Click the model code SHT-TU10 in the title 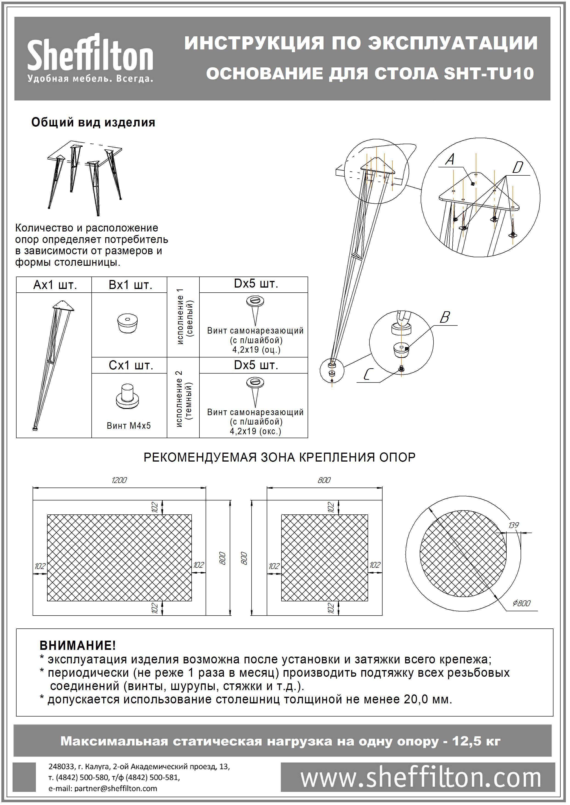pos(489,74)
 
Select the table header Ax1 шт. pos(55,285)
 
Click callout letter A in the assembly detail pos(450,160)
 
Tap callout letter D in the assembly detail pos(517,168)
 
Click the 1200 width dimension pos(119,480)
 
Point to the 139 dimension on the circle pos(513,525)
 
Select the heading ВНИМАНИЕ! pos(78,645)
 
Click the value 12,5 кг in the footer pos(476,741)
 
